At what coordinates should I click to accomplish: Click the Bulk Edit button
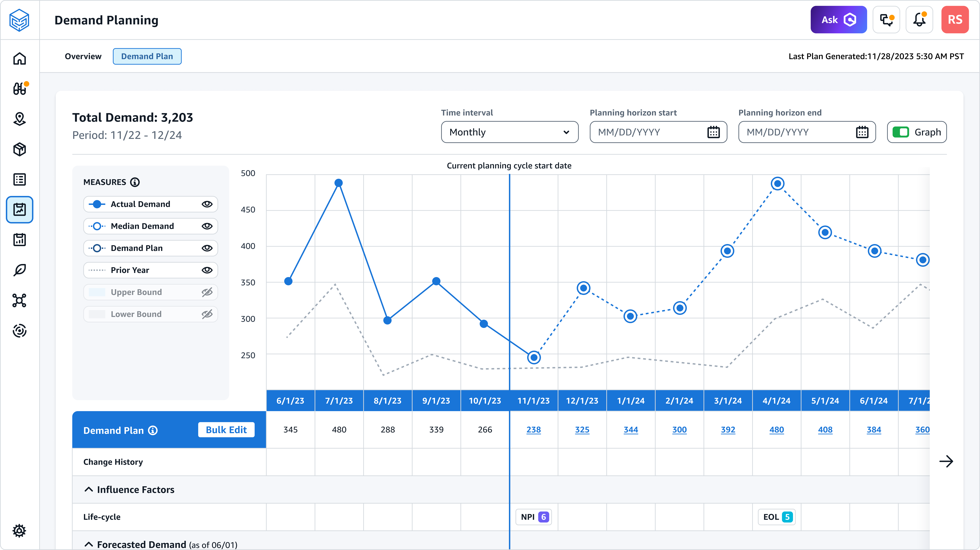226,430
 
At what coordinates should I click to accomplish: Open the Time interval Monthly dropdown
509,132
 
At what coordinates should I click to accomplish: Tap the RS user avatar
955,20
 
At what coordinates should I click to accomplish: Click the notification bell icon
919,20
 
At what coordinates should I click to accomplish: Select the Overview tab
83,56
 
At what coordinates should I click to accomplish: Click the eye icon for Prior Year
207,270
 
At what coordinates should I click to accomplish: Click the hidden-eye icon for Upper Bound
207,292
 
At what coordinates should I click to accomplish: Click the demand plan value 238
533,430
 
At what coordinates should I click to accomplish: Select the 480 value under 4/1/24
776,430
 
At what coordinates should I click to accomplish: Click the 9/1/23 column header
436,401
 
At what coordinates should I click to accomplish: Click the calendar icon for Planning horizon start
713,132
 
